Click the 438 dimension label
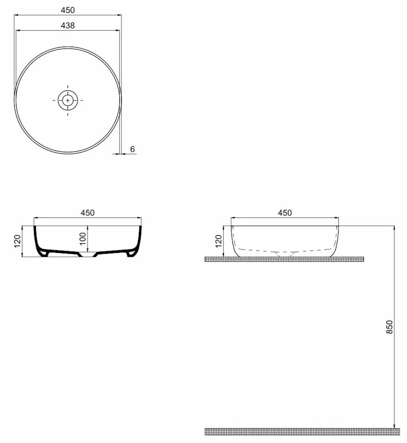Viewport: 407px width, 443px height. [x=68, y=25]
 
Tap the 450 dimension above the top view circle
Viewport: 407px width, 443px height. [x=68, y=10]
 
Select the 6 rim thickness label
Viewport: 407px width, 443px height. [x=132, y=149]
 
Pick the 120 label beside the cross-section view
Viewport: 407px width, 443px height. [x=17, y=242]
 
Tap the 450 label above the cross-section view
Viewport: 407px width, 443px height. [x=87, y=213]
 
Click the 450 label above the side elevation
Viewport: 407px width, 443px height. [x=285, y=213]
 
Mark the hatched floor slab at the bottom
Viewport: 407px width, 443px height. [x=302, y=431]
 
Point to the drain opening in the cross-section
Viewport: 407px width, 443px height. [x=88, y=254]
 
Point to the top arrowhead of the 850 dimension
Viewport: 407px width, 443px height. [x=394, y=228]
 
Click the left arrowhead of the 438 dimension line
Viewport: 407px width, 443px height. [x=17, y=30]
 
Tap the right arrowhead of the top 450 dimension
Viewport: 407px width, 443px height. [x=120, y=15]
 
